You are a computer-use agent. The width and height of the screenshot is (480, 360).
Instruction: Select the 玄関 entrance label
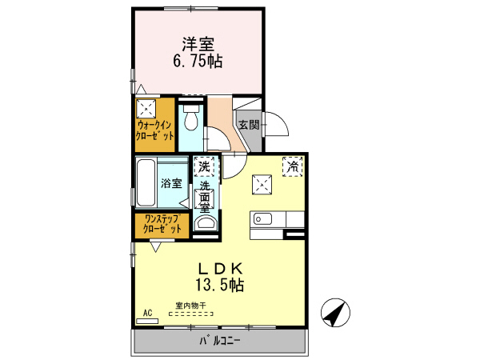pos(248,125)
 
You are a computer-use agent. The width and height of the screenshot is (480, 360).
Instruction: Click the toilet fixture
pos(190,121)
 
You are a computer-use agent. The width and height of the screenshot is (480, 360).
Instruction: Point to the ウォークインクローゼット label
pos(154,131)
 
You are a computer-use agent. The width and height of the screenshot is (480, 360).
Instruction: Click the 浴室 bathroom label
pos(170,183)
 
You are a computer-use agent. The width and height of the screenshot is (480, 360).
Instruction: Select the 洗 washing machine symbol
pos(204,167)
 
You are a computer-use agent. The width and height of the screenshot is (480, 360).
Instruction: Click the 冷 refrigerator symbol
pos(294,166)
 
